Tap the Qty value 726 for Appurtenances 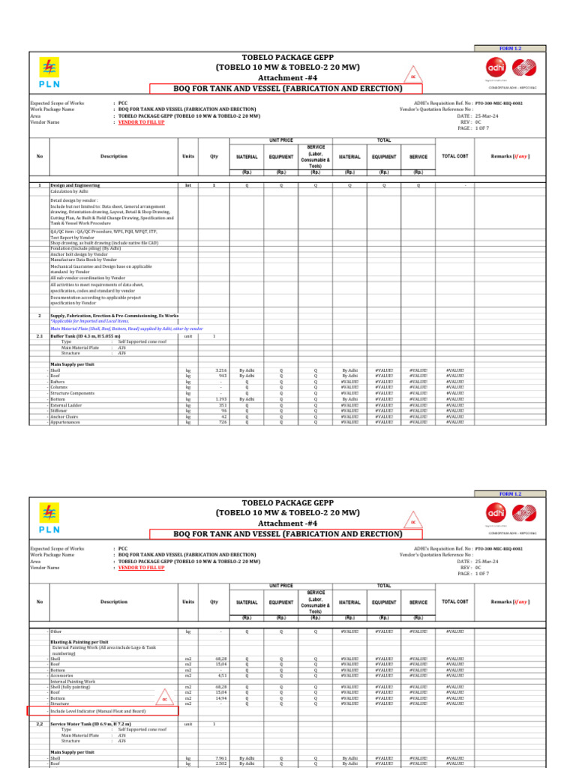coord(222,422)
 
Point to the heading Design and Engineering coord(75,184)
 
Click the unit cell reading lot coord(188,184)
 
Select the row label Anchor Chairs coord(64,416)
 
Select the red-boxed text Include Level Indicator coord(98,709)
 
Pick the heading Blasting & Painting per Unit coord(79,642)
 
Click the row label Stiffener coord(61,411)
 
